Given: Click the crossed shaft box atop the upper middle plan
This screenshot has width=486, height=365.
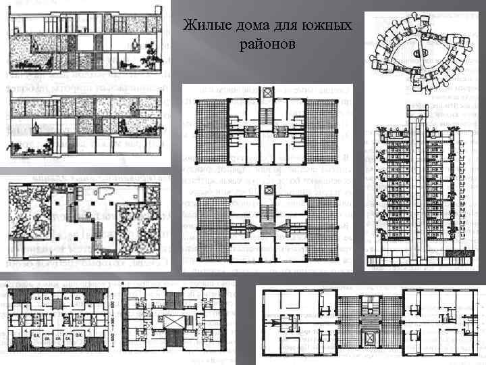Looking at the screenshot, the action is coord(269,92).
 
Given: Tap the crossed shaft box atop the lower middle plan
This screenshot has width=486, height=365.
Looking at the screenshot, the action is coord(269,192).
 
